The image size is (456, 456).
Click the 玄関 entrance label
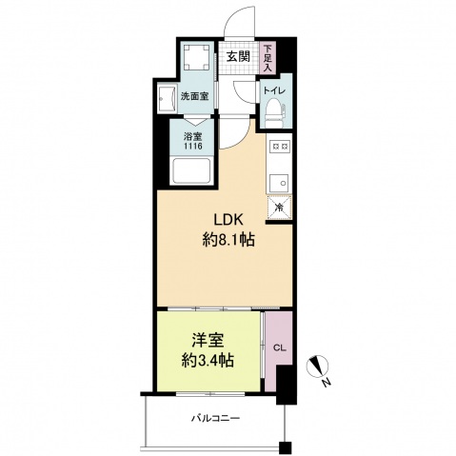pyautogui.click(x=238, y=56)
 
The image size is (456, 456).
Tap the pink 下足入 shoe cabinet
pyautogui.click(x=268, y=58)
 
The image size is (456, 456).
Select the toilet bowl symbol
pyautogui.click(x=275, y=112)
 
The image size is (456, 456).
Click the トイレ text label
pyautogui.click(x=274, y=90)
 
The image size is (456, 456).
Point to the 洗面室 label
pyautogui.click(x=194, y=96)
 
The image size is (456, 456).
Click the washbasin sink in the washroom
pyautogui.click(x=168, y=99)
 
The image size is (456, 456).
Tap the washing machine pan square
pyautogui.click(x=197, y=57)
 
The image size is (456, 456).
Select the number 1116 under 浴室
pyautogui.click(x=193, y=147)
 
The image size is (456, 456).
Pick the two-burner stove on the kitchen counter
pyautogui.click(x=279, y=147)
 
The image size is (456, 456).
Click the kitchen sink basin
pyautogui.click(x=279, y=184)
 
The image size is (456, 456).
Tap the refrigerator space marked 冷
pyautogui.click(x=279, y=208)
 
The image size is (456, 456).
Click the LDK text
pyautogui.click(x=228, y=220)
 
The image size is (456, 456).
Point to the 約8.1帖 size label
pyautogui.click(x=228, y=239)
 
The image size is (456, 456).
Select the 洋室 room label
pyautogui.click(x=208, y=341)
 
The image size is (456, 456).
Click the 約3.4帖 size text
pyautogui.click(x=208, y=360)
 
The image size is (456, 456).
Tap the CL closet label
pyautogui.click(x=280, y=348)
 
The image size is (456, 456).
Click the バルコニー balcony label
pyautogui.click(x=215, y=418)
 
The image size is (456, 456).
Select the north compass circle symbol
pyautogui.click(x=318, y=367)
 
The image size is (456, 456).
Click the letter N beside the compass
pyautogui.click(x=327, y=383)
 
